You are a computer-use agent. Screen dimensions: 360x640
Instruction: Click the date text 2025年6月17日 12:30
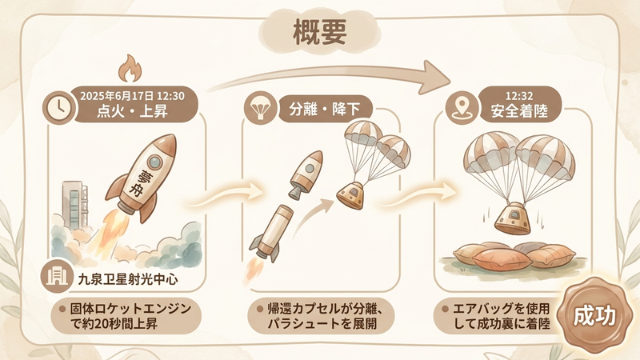coord(132,95)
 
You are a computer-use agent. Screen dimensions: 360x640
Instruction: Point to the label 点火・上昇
coord(132,110)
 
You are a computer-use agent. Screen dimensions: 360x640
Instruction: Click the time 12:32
coord(515,94)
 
